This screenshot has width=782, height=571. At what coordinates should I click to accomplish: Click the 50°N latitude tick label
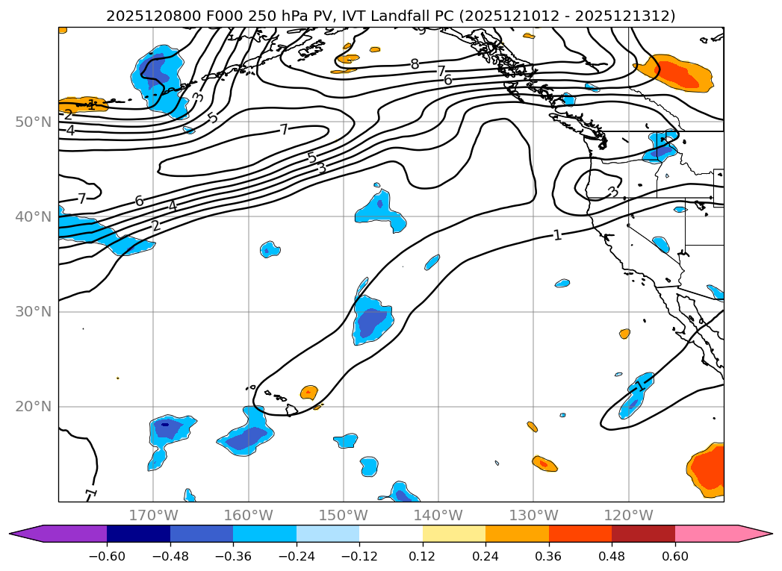click(33, 122)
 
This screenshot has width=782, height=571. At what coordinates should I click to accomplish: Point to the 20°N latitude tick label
click(33, 407)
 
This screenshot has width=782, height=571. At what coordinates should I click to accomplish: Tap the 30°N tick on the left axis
click(33, 312)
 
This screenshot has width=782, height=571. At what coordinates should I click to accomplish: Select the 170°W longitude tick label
click(153, 515)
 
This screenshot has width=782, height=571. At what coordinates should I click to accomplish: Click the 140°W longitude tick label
click(438, 515)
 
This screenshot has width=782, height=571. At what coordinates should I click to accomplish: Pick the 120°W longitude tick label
click(628, 515)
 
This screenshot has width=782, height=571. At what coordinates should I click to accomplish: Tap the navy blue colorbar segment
click(138, 533)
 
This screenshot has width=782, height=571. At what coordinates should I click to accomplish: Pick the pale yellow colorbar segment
click(454, 533)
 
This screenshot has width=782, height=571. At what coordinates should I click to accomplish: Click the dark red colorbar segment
click(643, 533)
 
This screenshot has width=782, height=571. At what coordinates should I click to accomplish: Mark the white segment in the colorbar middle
click(391, 533)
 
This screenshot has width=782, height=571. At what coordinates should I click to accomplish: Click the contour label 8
click(415, 64)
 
